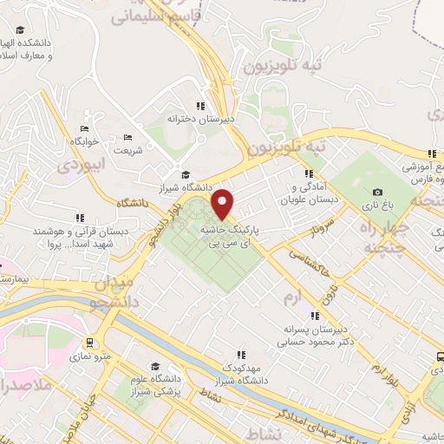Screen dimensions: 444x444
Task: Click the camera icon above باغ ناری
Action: tap(377, 193)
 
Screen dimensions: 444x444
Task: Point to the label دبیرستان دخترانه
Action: tap(199, 121)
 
